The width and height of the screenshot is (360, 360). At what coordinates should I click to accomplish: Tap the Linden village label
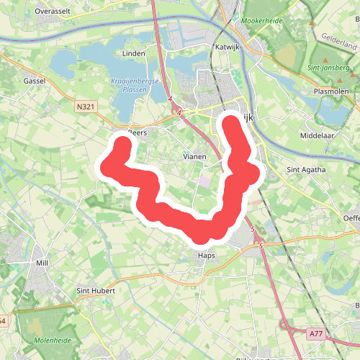(135, 53)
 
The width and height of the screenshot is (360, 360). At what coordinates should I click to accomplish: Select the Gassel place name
(34, 81)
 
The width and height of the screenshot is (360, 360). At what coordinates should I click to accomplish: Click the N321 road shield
(85, 106)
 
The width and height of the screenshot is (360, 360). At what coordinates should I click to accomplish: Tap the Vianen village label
(194, 156)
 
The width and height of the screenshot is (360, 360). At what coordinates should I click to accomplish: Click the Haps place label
(207, 255)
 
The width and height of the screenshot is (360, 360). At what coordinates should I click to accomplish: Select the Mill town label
(41, 264)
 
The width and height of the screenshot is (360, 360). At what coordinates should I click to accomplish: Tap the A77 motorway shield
(315, 333)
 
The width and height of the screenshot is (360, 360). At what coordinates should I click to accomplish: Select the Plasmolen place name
(330, 92)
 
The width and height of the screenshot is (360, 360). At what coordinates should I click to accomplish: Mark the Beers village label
(137, 132)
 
